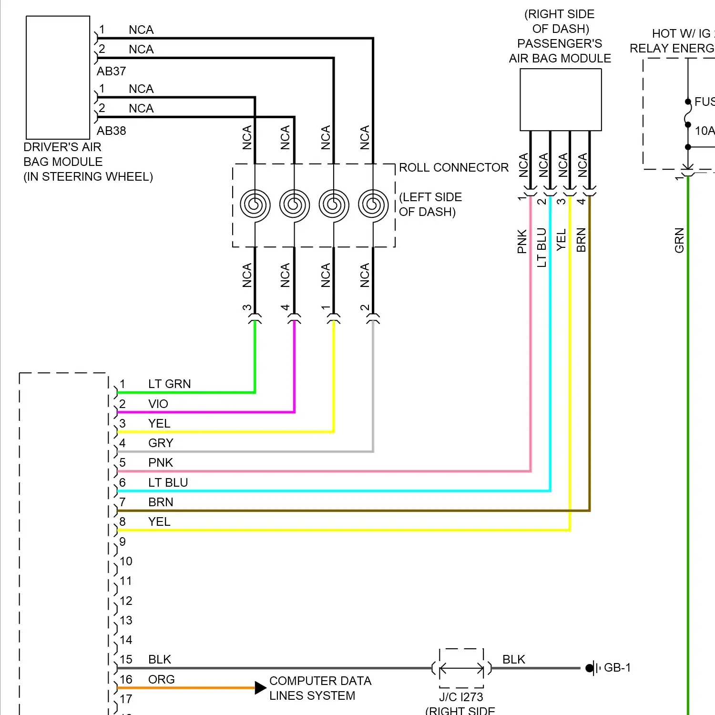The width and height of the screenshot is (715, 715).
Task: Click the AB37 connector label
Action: [111, 71]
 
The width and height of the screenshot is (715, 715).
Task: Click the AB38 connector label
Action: [111, 131]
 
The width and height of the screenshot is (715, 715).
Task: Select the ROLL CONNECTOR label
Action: [453, 168]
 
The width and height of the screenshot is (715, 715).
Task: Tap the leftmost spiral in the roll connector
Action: [255, 205]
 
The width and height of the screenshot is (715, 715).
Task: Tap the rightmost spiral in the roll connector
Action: [373, 205]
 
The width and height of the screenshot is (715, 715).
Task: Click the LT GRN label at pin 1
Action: [169, 384]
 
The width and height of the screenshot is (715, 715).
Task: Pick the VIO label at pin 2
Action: [158, 404]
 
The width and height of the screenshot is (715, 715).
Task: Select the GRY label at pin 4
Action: [160, 443]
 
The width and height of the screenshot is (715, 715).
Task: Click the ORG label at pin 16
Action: [161, 680]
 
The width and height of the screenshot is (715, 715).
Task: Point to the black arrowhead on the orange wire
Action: [260, 688]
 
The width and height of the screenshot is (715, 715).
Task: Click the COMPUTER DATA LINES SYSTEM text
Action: [320, 688]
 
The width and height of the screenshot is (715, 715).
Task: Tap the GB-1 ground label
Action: [617, 668]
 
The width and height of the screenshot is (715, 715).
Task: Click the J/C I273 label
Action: [461, 697]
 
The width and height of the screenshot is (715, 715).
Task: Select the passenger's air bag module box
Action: [561, 100]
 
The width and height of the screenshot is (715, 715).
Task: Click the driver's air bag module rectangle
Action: [58, 78]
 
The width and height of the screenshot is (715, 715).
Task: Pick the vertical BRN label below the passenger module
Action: [581, 240]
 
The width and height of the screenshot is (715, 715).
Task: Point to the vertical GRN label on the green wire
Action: [679, 240]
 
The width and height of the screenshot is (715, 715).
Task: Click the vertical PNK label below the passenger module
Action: [522, 242]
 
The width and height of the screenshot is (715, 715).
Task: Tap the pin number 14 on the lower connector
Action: [126, 640]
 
